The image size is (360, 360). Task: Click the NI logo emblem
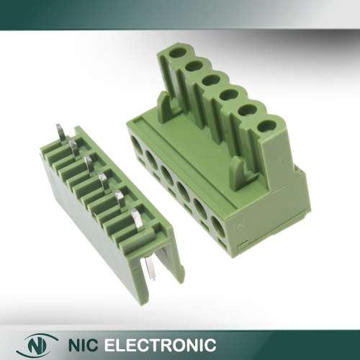40,345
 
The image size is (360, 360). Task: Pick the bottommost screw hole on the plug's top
267,127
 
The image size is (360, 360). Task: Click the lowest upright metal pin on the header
137,218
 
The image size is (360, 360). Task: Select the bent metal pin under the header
150,269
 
